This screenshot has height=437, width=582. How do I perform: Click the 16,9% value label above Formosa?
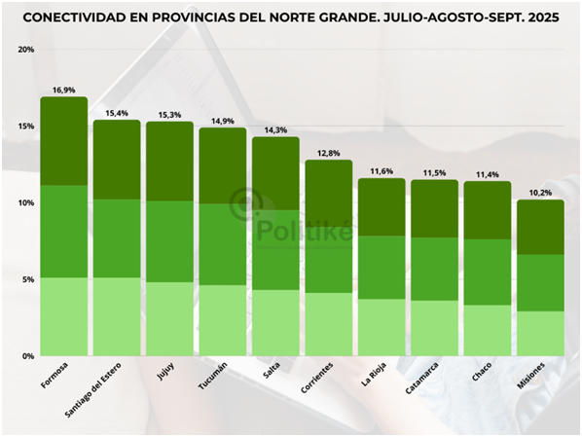pos(64,90)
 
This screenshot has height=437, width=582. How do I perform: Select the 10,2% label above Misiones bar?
pos(540,193)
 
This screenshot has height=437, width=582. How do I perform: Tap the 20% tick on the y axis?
pos(25,50)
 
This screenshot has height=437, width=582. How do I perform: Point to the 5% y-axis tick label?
pos(27,280)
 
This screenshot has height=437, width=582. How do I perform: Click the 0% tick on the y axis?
pos(27,356)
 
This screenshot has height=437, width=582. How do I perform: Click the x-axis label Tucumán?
pos(214,379)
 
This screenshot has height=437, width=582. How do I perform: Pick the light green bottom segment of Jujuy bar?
pos(170,319)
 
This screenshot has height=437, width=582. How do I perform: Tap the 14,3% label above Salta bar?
pos(275,129)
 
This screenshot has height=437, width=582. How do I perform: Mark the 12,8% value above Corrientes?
pos(329,153)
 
